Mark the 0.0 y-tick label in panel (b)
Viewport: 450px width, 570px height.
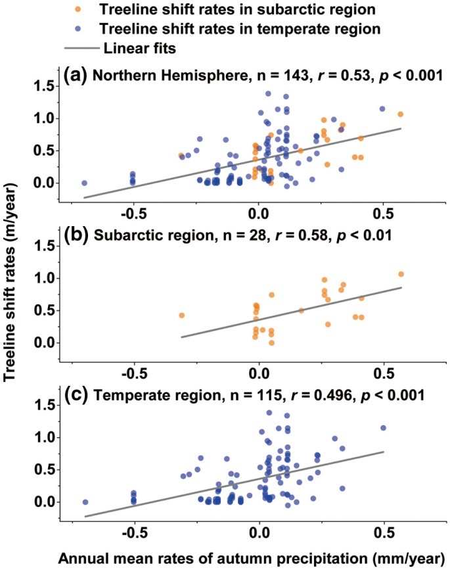point(45,343)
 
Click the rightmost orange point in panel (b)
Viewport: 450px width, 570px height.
point(401,274)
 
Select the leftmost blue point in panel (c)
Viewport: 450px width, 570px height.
point(85,502)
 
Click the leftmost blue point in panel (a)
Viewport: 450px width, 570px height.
point(84,183)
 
